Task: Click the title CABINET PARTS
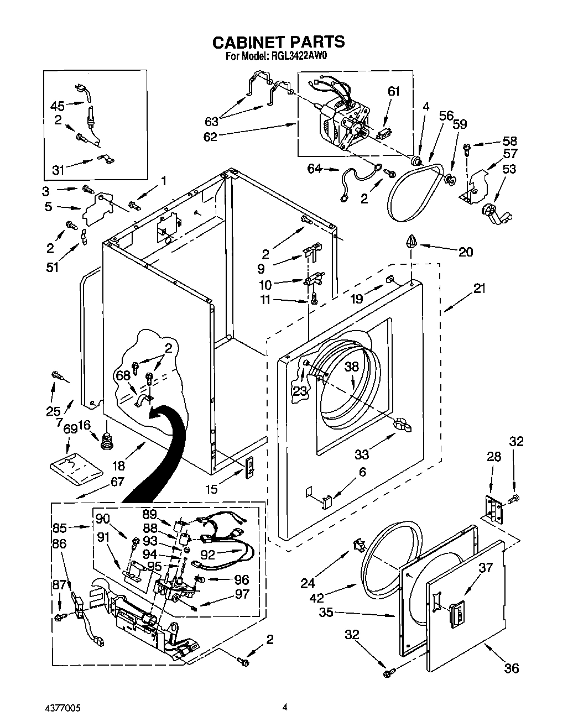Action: coord(279,41)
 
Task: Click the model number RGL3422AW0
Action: coord(299,56)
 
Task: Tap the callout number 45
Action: coord(58,106)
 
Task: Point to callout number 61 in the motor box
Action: coord(393,91)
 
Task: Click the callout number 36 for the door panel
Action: coord(512,668)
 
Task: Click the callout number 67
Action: coord(117,482)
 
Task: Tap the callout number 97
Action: coord(242,594)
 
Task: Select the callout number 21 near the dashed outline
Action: coord(480,288)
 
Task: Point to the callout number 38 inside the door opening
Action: coord(352,366)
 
